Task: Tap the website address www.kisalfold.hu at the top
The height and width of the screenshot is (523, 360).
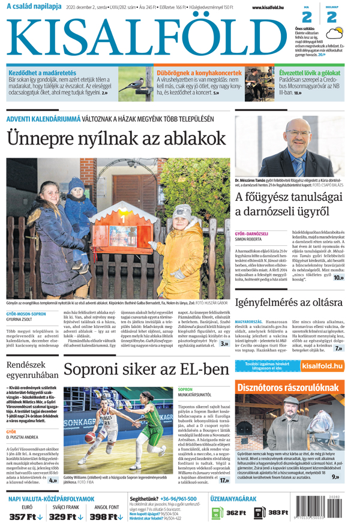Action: [264, 7]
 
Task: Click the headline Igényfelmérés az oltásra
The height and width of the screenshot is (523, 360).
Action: [289, 302]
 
